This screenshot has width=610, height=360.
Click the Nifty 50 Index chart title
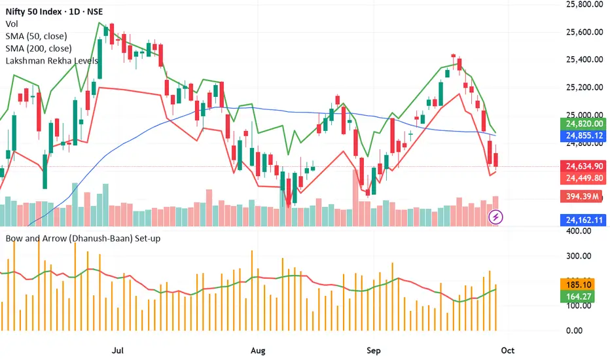(x=55, y=9)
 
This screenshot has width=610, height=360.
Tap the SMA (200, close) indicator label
(x=39, y=48)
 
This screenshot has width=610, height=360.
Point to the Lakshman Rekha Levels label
(x=52, y=61)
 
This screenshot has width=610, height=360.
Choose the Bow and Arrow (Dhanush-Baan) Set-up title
(x=83, y=238)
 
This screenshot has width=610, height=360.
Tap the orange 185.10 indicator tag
(x=577, y=285)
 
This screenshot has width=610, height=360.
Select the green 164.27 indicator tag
(x=577, y=296)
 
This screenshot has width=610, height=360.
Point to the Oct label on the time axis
(x=508, y=350)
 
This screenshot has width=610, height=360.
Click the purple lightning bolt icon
(x=497, y=216)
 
